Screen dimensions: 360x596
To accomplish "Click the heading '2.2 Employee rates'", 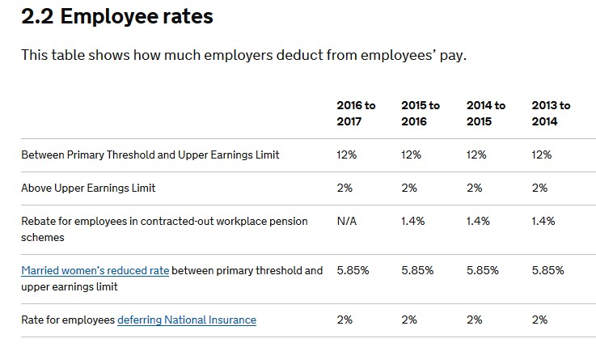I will [x=117, y=16].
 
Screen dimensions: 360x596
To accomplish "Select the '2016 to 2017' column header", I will [x=356, y=113].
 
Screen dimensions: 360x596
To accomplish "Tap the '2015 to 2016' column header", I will [x=421, y=113].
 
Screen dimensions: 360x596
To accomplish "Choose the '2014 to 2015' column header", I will [x=486, y=113].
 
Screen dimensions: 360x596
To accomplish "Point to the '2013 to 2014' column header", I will [x=551, y=113].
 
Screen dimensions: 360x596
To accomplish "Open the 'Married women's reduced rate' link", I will [x=95, y=270].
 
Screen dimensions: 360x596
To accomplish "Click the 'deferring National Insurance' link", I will [x=187, y=320].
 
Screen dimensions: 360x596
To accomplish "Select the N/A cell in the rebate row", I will [x=347, y=221].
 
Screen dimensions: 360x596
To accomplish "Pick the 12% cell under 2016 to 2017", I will [x=346, y=155].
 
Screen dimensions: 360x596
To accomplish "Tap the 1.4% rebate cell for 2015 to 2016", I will [x=412, y=221].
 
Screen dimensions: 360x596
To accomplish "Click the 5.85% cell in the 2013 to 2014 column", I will [x=548, y=270].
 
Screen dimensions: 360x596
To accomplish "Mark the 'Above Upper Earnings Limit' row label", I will [x=88, y=188].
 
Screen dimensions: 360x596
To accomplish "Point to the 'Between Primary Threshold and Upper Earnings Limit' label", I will [x=150, y=155].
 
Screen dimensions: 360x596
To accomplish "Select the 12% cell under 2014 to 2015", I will [x=476, y=155].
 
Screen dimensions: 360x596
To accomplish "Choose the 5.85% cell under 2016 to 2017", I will [x=353, y=270].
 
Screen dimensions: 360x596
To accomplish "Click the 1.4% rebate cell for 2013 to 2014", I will [x=543, y=221].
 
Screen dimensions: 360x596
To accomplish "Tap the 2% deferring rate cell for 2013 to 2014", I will [x=539, y=320].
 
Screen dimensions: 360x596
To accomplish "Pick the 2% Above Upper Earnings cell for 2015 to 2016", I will [x=409, y=188].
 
